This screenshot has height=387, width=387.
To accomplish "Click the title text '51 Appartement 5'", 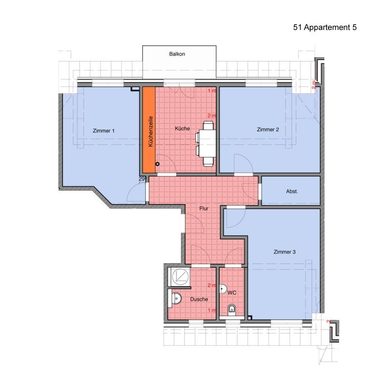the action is [x=325, y=28].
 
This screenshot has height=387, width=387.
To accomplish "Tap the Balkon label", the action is [x=177, y=54].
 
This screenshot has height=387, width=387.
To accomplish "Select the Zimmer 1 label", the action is [x=104, y=131].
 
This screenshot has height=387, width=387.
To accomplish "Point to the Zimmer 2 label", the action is [x=268, y=130].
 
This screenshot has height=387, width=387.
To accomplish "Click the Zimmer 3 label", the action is [x=284, y=252].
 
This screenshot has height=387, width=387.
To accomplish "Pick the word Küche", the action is [x=182, y=128].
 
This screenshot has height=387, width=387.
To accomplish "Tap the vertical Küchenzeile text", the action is [x=150, y=131].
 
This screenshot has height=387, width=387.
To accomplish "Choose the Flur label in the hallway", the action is [x=204, y=208].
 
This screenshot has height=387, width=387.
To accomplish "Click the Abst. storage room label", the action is [x=292, y=191].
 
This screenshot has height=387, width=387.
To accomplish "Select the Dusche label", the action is [x=199, y=299].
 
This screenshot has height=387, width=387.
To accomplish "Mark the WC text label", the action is [x=232, y=293].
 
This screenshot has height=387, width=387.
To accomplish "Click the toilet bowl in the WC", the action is [x=232, y=309].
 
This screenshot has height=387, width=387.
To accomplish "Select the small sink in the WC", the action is [x=223, y=289].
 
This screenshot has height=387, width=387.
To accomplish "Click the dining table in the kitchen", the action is [x=208, y=143].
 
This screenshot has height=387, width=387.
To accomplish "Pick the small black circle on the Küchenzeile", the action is [x=158, y=164].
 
